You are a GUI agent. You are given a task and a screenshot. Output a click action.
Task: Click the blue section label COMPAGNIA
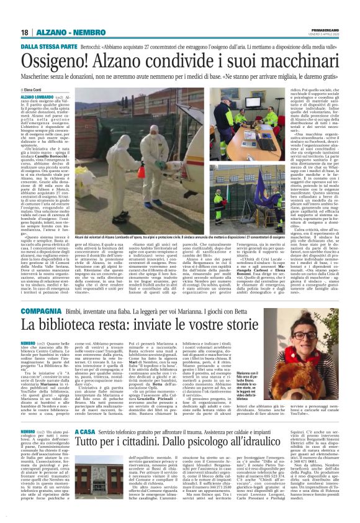(x=40, y=310)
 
